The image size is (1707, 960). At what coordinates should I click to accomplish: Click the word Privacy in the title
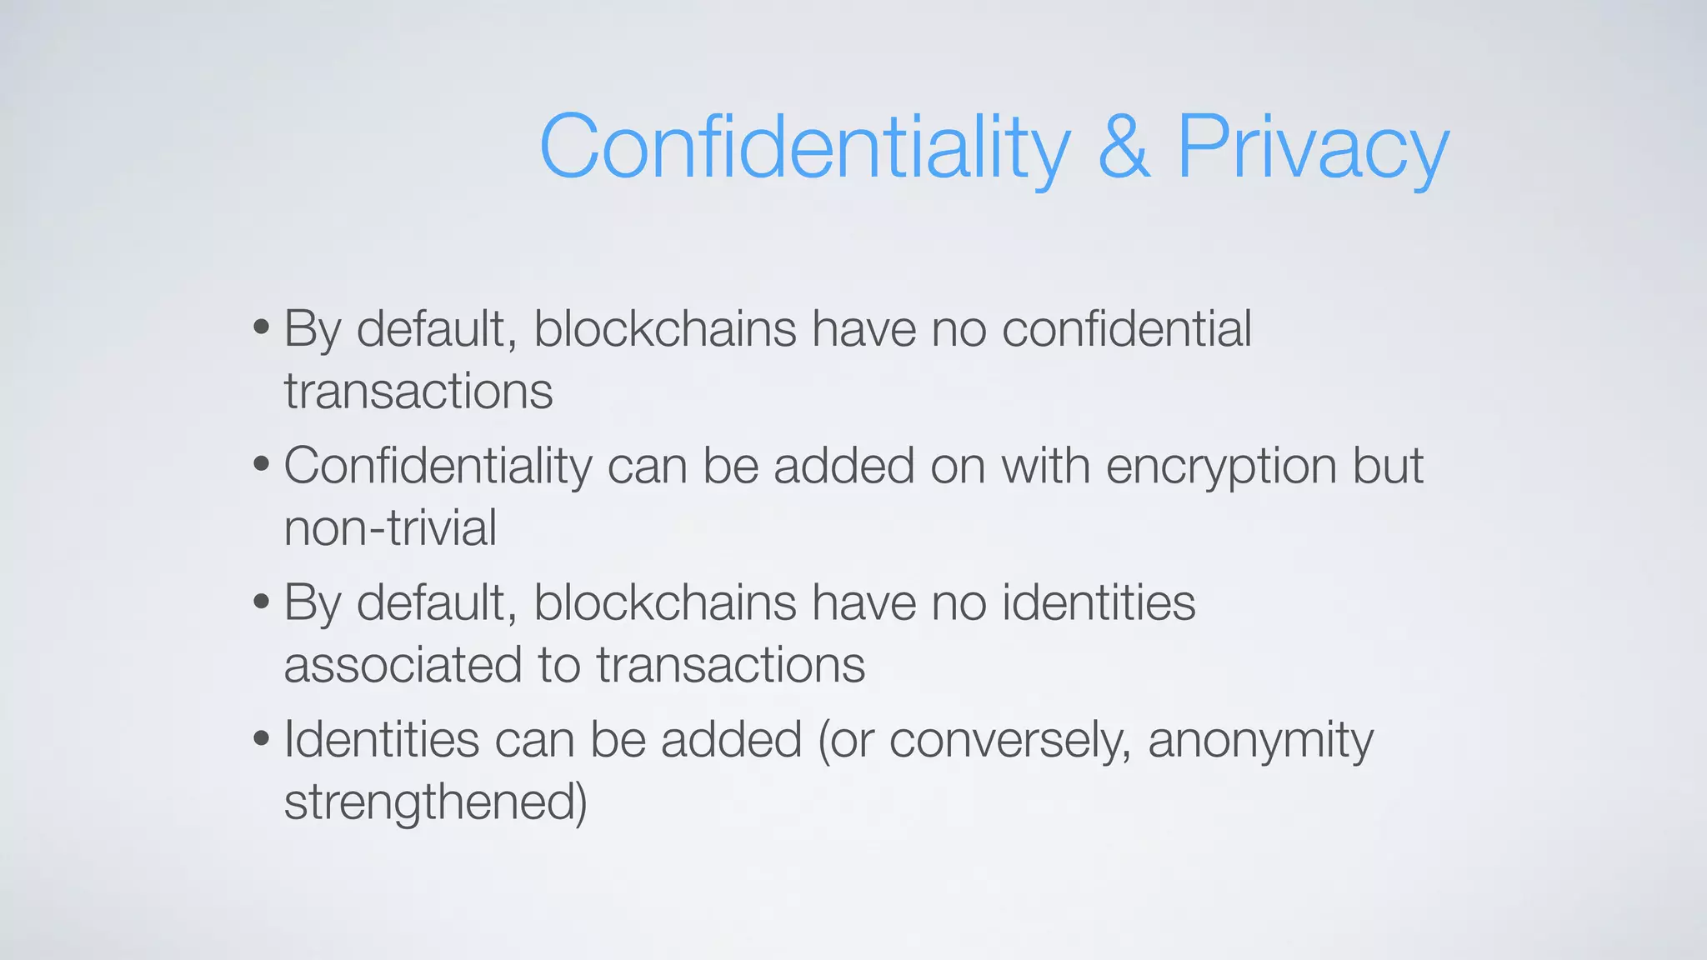pos(1313,147)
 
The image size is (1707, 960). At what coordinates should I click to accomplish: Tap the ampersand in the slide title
pos(1124,147)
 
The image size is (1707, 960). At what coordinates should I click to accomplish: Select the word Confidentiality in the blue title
pos(804,147)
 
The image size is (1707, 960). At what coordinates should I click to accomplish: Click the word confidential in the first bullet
pos(1126,328)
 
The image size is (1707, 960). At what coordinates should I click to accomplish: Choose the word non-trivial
pos(390,527)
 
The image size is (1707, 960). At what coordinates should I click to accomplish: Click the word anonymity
pos(1260,740)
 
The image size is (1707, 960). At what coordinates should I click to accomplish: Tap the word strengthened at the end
pos(435,802)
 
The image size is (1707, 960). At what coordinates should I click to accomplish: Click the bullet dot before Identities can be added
pos(262,738)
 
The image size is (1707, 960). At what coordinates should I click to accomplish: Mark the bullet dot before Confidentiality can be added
pos(262,464)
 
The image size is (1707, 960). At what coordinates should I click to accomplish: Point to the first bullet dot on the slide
pos(262,327)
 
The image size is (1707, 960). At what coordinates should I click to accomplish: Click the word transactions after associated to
pos(730,665)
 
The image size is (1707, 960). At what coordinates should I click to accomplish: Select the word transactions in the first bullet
pos(418,391)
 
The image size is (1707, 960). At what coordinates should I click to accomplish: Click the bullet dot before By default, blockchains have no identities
pos(262,601)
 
